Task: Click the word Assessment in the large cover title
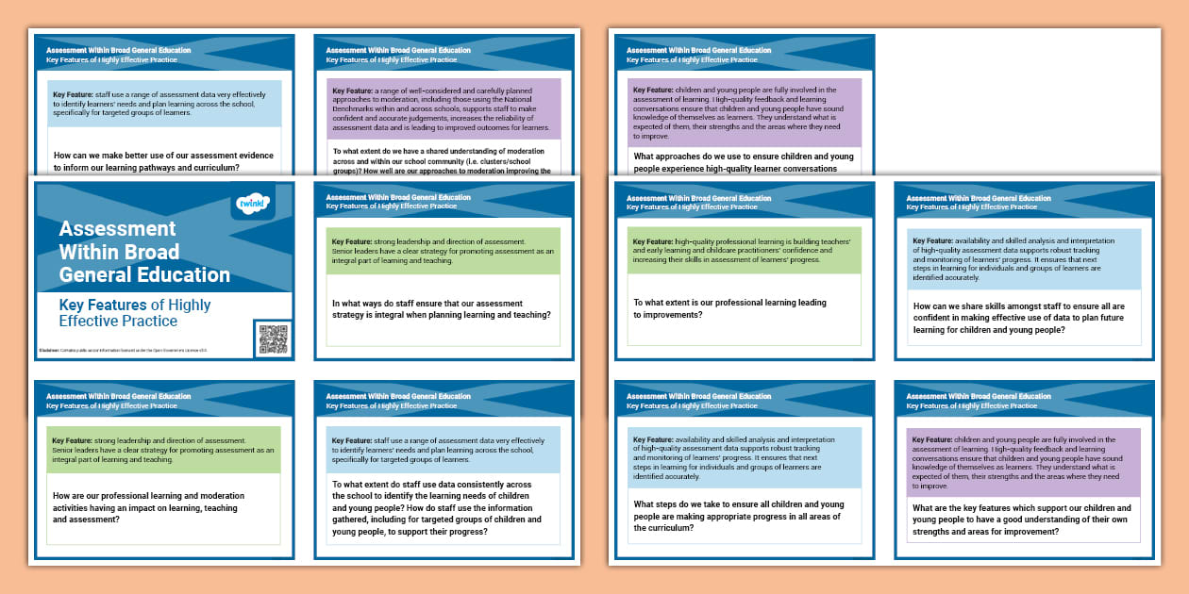[117, 228]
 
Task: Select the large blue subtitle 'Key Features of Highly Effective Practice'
[134, 312]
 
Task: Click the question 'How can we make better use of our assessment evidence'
[163, 161]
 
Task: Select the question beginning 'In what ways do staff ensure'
[442, 309]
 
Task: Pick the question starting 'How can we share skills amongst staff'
[1019, 319]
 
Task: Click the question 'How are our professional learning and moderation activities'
[148, 507]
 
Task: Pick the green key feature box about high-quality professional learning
[744, 250]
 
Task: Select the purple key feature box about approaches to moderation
[444, 109]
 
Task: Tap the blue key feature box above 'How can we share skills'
[1023, 258]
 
